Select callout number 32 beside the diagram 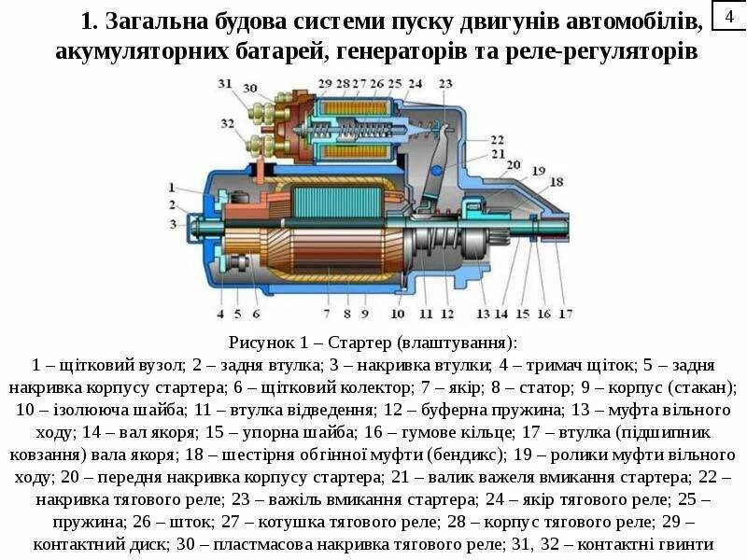click(227, 123)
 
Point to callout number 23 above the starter click(445, 84)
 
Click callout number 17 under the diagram click(566, 313)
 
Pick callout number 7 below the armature click(327, 313)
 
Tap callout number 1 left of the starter click(173, 187)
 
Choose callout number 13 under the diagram click(483, 313)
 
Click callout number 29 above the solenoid click(325, 84)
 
